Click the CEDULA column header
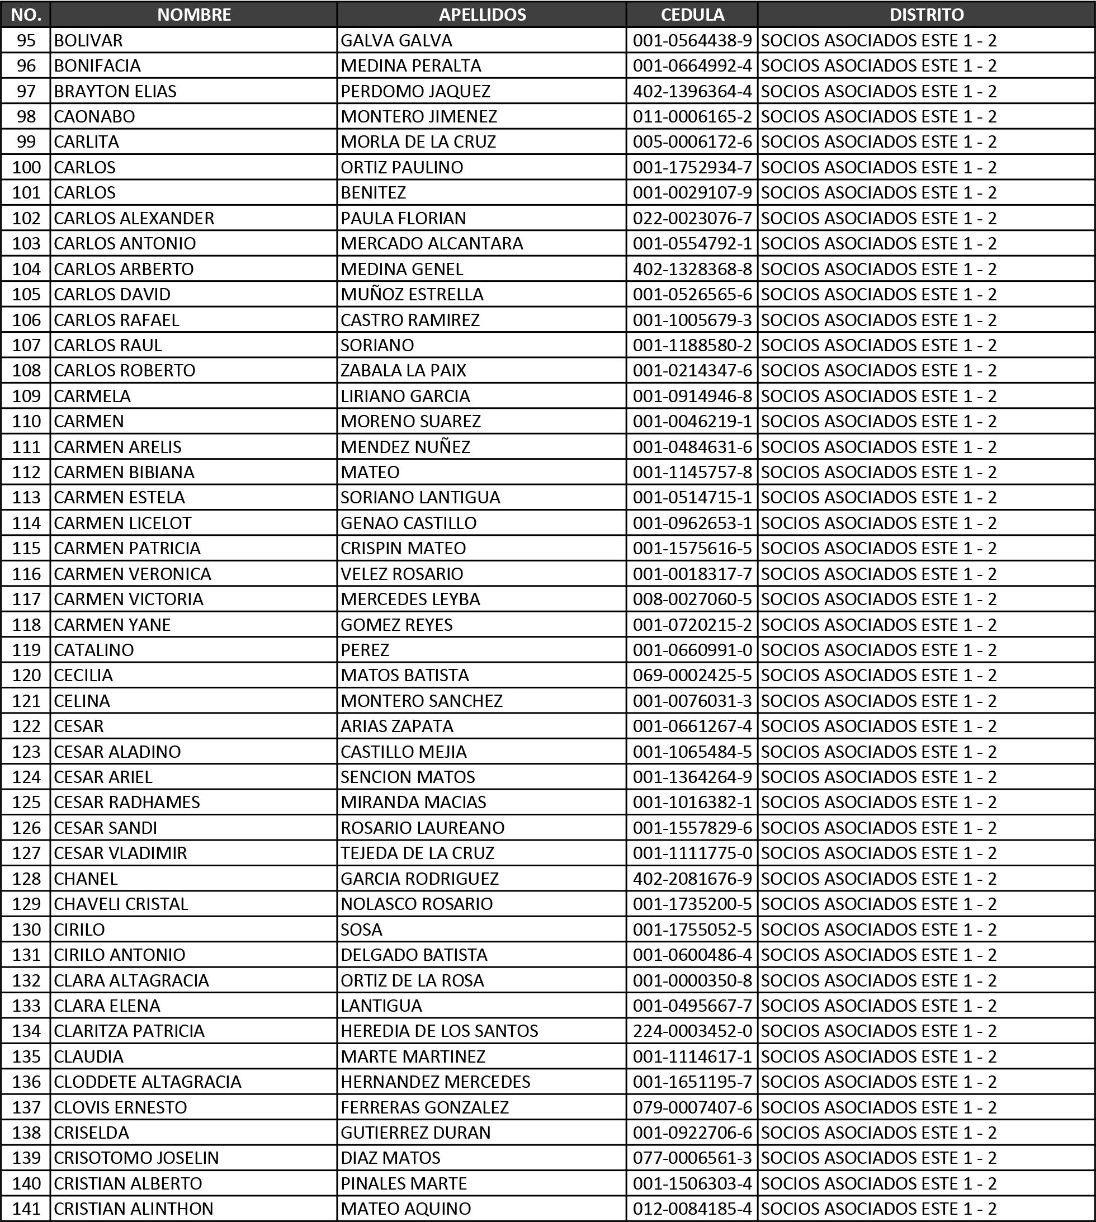(x=692, y=15)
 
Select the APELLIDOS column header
(x=482, y=15)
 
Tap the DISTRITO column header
(x=926, y=15)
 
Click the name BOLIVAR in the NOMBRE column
(x=88, y=40)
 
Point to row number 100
(x=26, y=167)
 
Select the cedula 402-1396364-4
(x=692, y=92)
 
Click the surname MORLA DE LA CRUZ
(x=418, y=142)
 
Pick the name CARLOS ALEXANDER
(x=134, y=218)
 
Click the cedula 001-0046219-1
(x=692, y=421)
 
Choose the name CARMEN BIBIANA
(x=124, y=472)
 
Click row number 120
(x=26, y=675)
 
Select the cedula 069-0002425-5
(x=692, y=675)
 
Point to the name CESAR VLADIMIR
(x=120, y=853)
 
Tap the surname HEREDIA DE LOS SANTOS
(x=439, y=1031)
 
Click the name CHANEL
(x=86, y=879)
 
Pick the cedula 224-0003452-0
(x=692, y=1031)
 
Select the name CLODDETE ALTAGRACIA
(x=148, y=1082)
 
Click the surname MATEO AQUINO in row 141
(x=405, y=1209)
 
